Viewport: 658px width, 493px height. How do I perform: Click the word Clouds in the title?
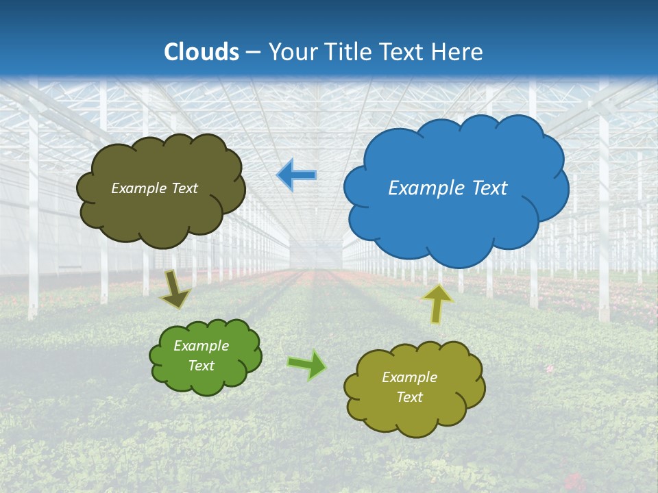pyautogui.click(x=202, y=52)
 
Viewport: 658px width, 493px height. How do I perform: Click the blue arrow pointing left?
pyautogui.click(x=297, y=175)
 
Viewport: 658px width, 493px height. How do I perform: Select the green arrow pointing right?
pyautogui.click(x=307, y=364)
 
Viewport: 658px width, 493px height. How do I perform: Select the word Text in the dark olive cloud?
pyautogui.click(x=185, y=188)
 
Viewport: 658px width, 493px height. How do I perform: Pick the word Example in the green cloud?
pyautogui.click(x=202, y=346)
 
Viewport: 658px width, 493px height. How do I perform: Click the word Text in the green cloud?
pyautogui.click(x=202, y=366)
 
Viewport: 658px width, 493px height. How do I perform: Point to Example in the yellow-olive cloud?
pyautogui.click(x=409, y=377)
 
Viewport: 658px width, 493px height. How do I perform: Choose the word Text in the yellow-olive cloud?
pyautogui.click(x=409, y=397)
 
